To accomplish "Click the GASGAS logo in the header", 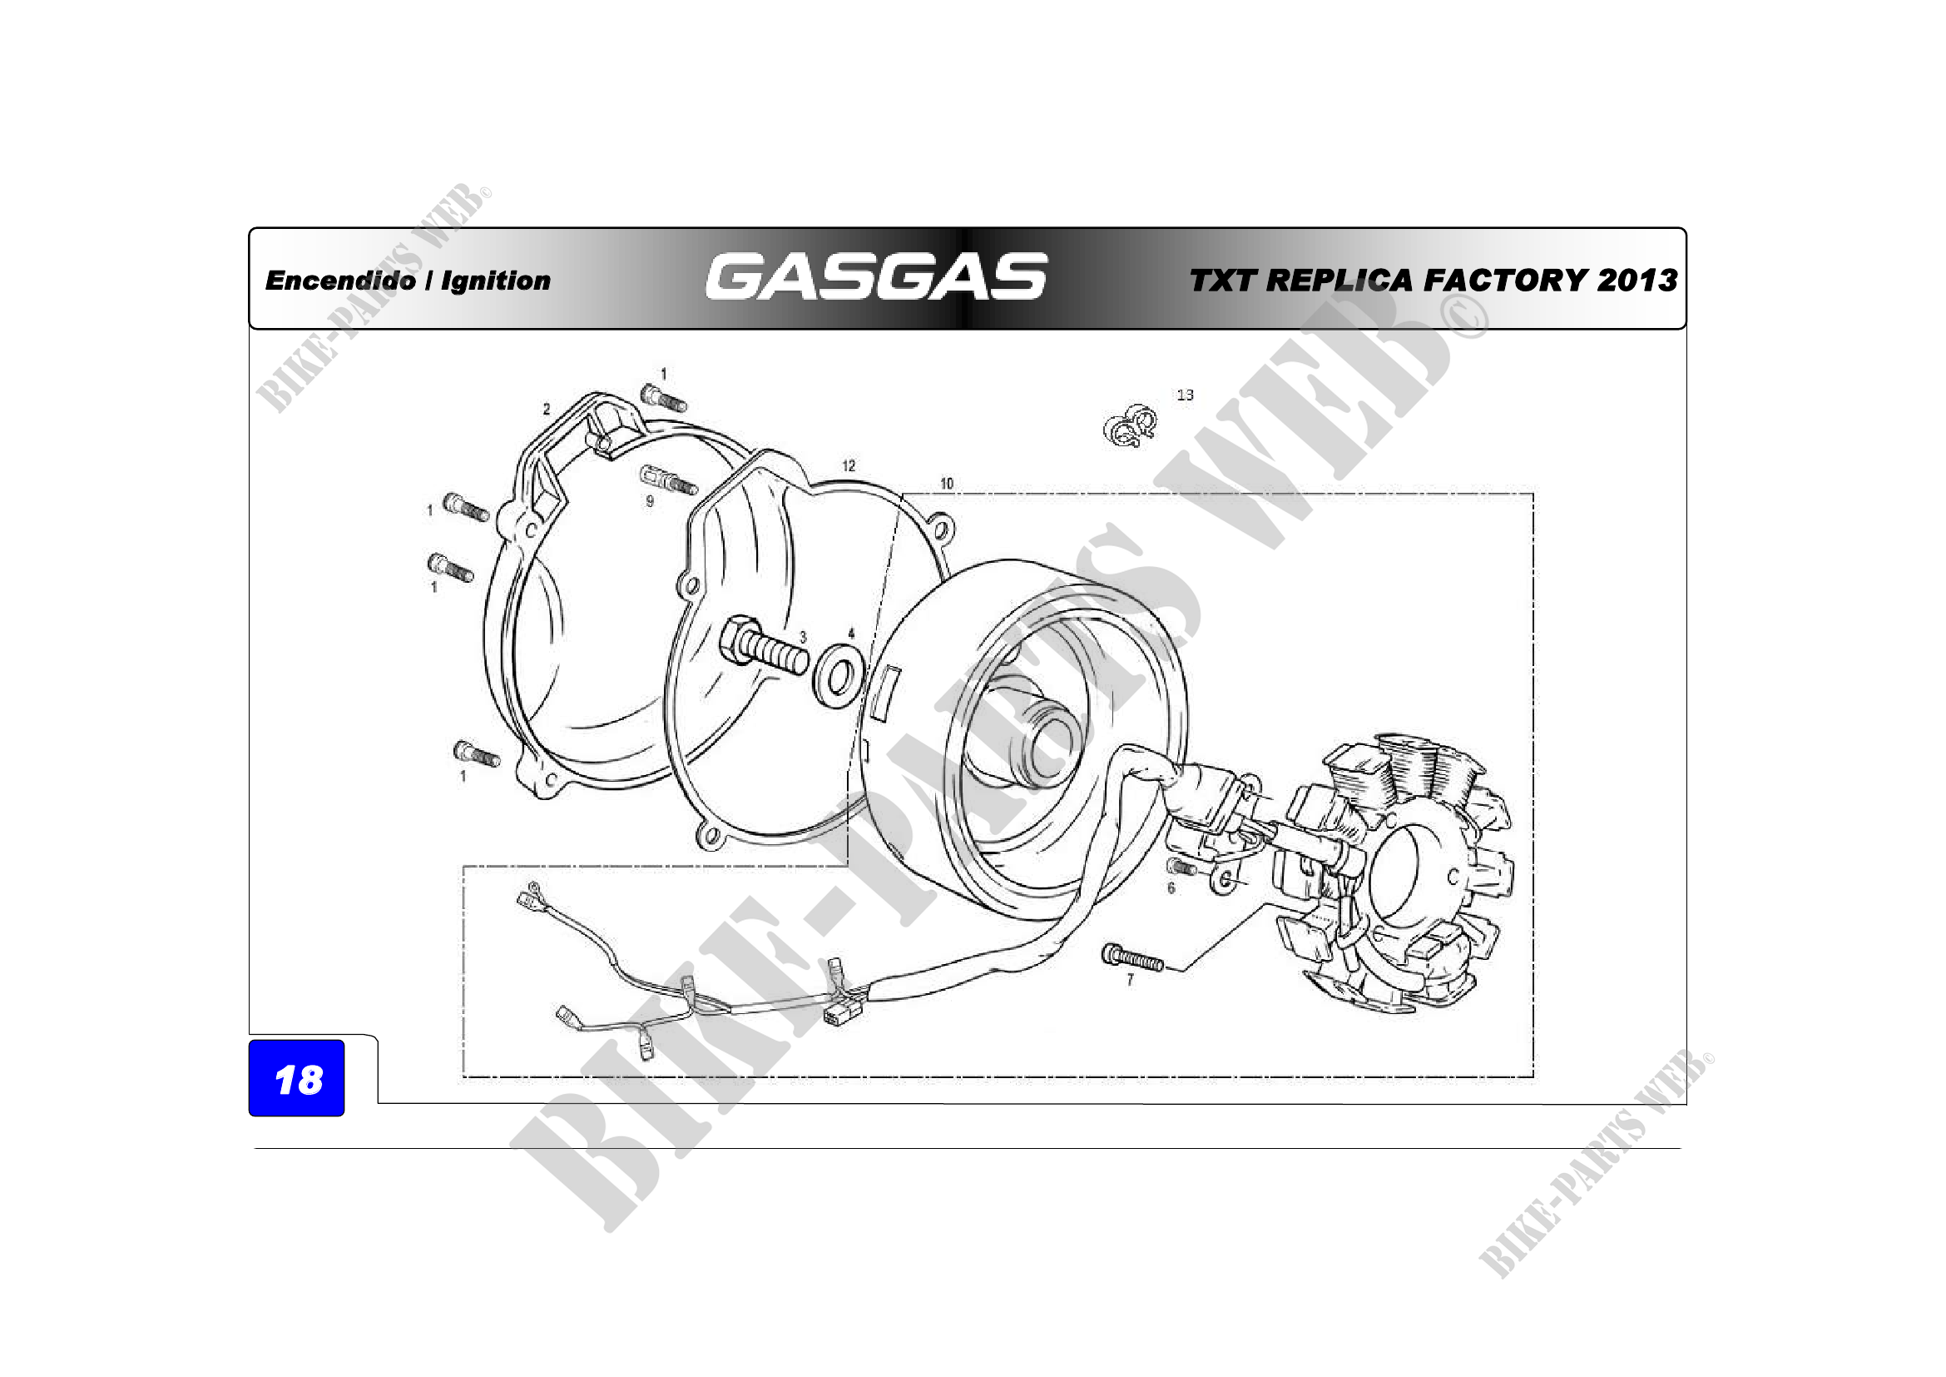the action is [875, 276].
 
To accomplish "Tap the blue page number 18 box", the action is [297, 1077].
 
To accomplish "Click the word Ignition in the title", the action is [496, 281].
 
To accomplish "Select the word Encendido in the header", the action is [341, 281].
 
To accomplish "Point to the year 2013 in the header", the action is [1637, 281].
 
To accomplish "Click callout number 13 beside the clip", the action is [1185, 395].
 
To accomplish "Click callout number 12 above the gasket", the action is [849, 465].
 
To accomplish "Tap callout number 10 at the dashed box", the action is [947, 484].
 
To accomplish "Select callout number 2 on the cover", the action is [547, 410].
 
